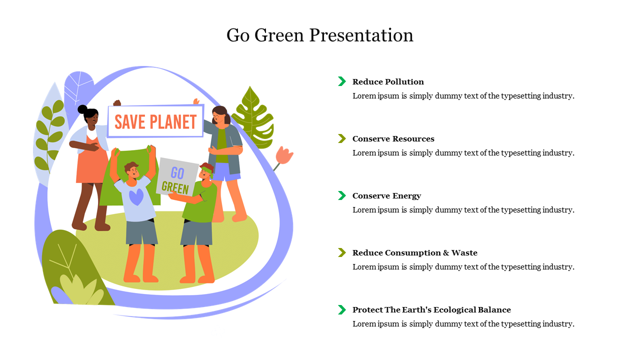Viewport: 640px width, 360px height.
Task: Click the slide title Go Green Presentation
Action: [319, 35]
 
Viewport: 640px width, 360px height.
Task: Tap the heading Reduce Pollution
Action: [388, 81]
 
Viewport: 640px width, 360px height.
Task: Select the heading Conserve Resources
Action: [393, 139]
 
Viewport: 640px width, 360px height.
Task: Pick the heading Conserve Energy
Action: [386, 196]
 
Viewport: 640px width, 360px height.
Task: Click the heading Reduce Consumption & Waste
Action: [415, 253]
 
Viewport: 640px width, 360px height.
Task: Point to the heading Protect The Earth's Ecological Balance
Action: [431, 309]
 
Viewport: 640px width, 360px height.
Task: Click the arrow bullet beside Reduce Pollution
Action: [341, 81]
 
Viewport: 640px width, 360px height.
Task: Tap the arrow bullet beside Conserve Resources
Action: [341, 138]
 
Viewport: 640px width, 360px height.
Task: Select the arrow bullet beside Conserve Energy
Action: [341, 195]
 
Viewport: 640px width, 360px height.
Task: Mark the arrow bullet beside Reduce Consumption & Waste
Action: [341, 252]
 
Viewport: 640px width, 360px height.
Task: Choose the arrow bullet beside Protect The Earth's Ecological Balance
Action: [341, 309]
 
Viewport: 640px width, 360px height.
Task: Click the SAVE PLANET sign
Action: [155, 121]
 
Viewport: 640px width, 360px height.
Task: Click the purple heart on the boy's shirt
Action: [136, 197]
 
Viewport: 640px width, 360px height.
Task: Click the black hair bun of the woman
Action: [82, 109]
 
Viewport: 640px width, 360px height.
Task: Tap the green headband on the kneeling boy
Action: [207, 170]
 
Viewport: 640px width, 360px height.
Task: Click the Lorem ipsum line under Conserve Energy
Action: [463, 210]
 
